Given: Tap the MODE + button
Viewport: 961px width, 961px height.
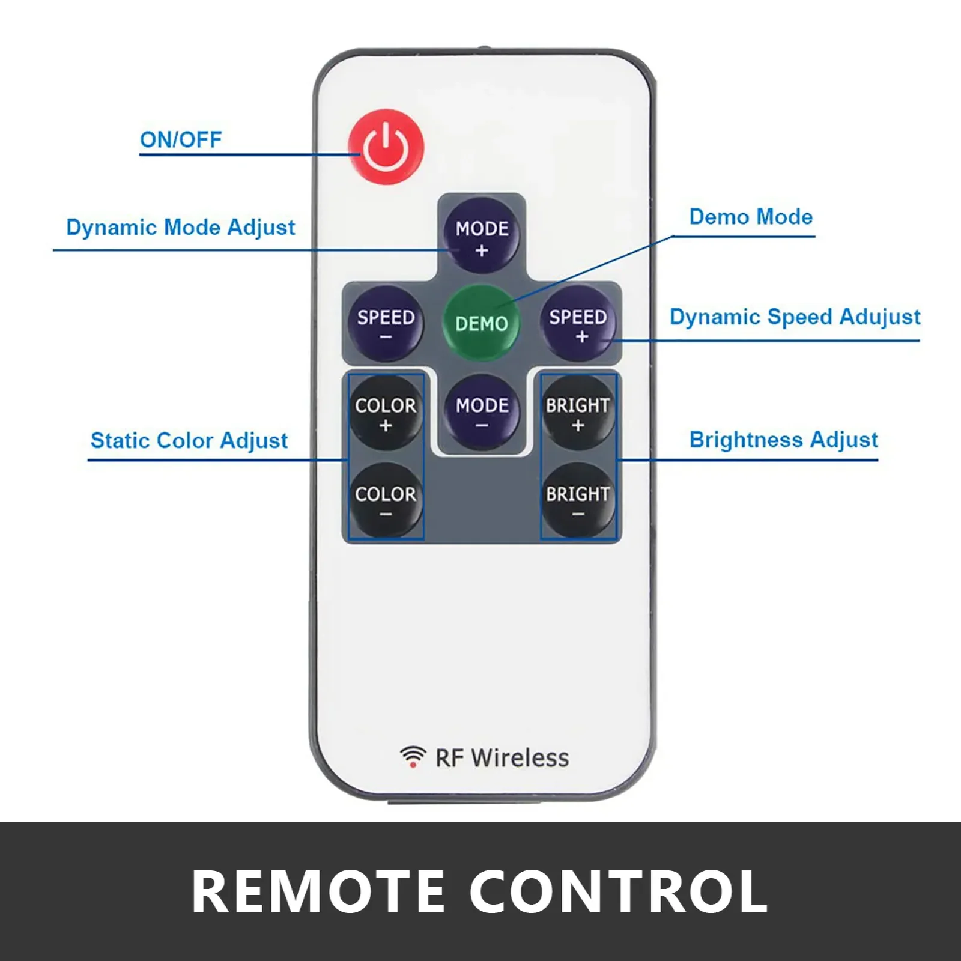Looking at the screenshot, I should pos(482,236).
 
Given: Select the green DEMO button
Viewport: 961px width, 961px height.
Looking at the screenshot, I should pos(482,323).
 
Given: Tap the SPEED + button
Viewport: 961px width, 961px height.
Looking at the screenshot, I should pos(578,324).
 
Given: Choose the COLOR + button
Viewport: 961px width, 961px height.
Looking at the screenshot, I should pos(386,413).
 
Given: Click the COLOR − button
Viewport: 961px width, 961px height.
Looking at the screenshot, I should pos(386,500).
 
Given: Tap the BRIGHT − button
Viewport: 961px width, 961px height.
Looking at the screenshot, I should pos(578,500).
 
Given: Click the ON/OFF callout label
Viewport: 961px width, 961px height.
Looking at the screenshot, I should pos(181,140).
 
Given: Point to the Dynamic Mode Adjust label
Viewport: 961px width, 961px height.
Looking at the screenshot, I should pos(181,228).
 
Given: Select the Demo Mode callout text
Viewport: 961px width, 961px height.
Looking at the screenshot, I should pos(751,217).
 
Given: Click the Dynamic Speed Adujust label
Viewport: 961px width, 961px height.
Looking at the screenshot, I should pos(795,317).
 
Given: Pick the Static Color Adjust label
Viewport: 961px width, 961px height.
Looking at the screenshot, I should pos(189,440).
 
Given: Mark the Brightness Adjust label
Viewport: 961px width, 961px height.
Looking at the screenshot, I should pos(783,440).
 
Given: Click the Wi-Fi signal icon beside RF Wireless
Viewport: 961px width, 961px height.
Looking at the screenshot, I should pos(413,756).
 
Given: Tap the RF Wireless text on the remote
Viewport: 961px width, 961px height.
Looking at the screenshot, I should pos(502,758).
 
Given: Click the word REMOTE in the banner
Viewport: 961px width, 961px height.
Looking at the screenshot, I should pos(318,892).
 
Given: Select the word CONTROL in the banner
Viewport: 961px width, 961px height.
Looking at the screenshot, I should pos(619,892).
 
